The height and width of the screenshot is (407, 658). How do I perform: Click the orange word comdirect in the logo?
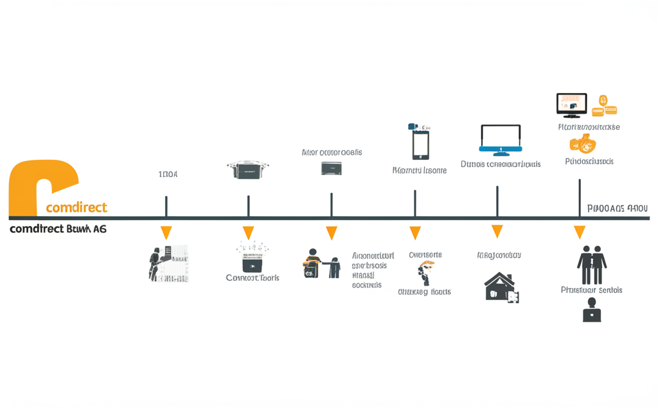pyautogui.click(x=77, y=207)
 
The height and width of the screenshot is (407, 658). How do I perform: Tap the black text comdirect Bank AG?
pyautogui.click(x=58, y=229)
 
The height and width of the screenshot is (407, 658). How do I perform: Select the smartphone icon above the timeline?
pyautogui.click(x=420, y=142)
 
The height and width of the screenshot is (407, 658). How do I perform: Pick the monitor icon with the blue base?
pyautogui.click(x=500, y=140)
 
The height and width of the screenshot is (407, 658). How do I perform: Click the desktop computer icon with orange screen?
pyautogui.click(x=571, y=105)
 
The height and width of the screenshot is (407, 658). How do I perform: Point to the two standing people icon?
pyautogui.click(x=592, y=264)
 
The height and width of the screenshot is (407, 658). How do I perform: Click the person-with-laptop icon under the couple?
pyautogui.click(x=591, y=314)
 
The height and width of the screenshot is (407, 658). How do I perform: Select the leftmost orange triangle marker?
pyautogui.click(x=166, y=232)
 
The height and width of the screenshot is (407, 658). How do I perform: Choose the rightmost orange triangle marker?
pyautogui.click(x=580, y=232)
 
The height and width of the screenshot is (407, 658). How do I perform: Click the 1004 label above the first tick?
pyautogui.click(x=168, y=174)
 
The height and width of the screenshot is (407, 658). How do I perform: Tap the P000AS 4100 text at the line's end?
pyautogui.click(x=618, y=209)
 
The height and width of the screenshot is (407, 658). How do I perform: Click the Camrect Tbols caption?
pyautogui.click(x=253, y=278)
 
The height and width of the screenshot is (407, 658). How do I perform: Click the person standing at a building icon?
pyautogui.click(x=168, y=263)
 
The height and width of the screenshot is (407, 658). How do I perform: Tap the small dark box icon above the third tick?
pyautogui.click(x=332, y=168)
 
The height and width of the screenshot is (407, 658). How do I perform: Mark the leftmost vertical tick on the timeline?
pyautogui.click(x=166, y=207)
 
